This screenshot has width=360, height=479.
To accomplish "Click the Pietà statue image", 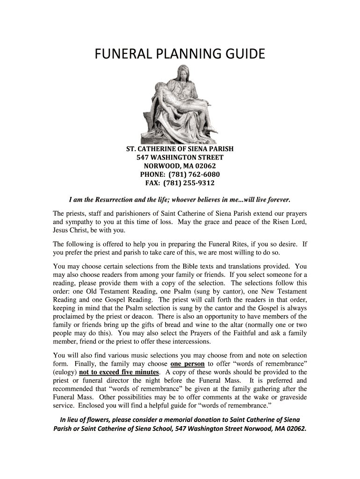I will pos(180,103).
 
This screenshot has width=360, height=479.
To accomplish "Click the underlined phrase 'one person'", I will pos(187,363).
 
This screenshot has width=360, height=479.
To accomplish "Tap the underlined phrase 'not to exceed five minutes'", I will pos(120,372).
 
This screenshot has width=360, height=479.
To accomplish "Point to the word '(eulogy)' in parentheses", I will pos(65,372).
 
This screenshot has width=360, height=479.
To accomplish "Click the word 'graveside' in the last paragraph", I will pos(291,397).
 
